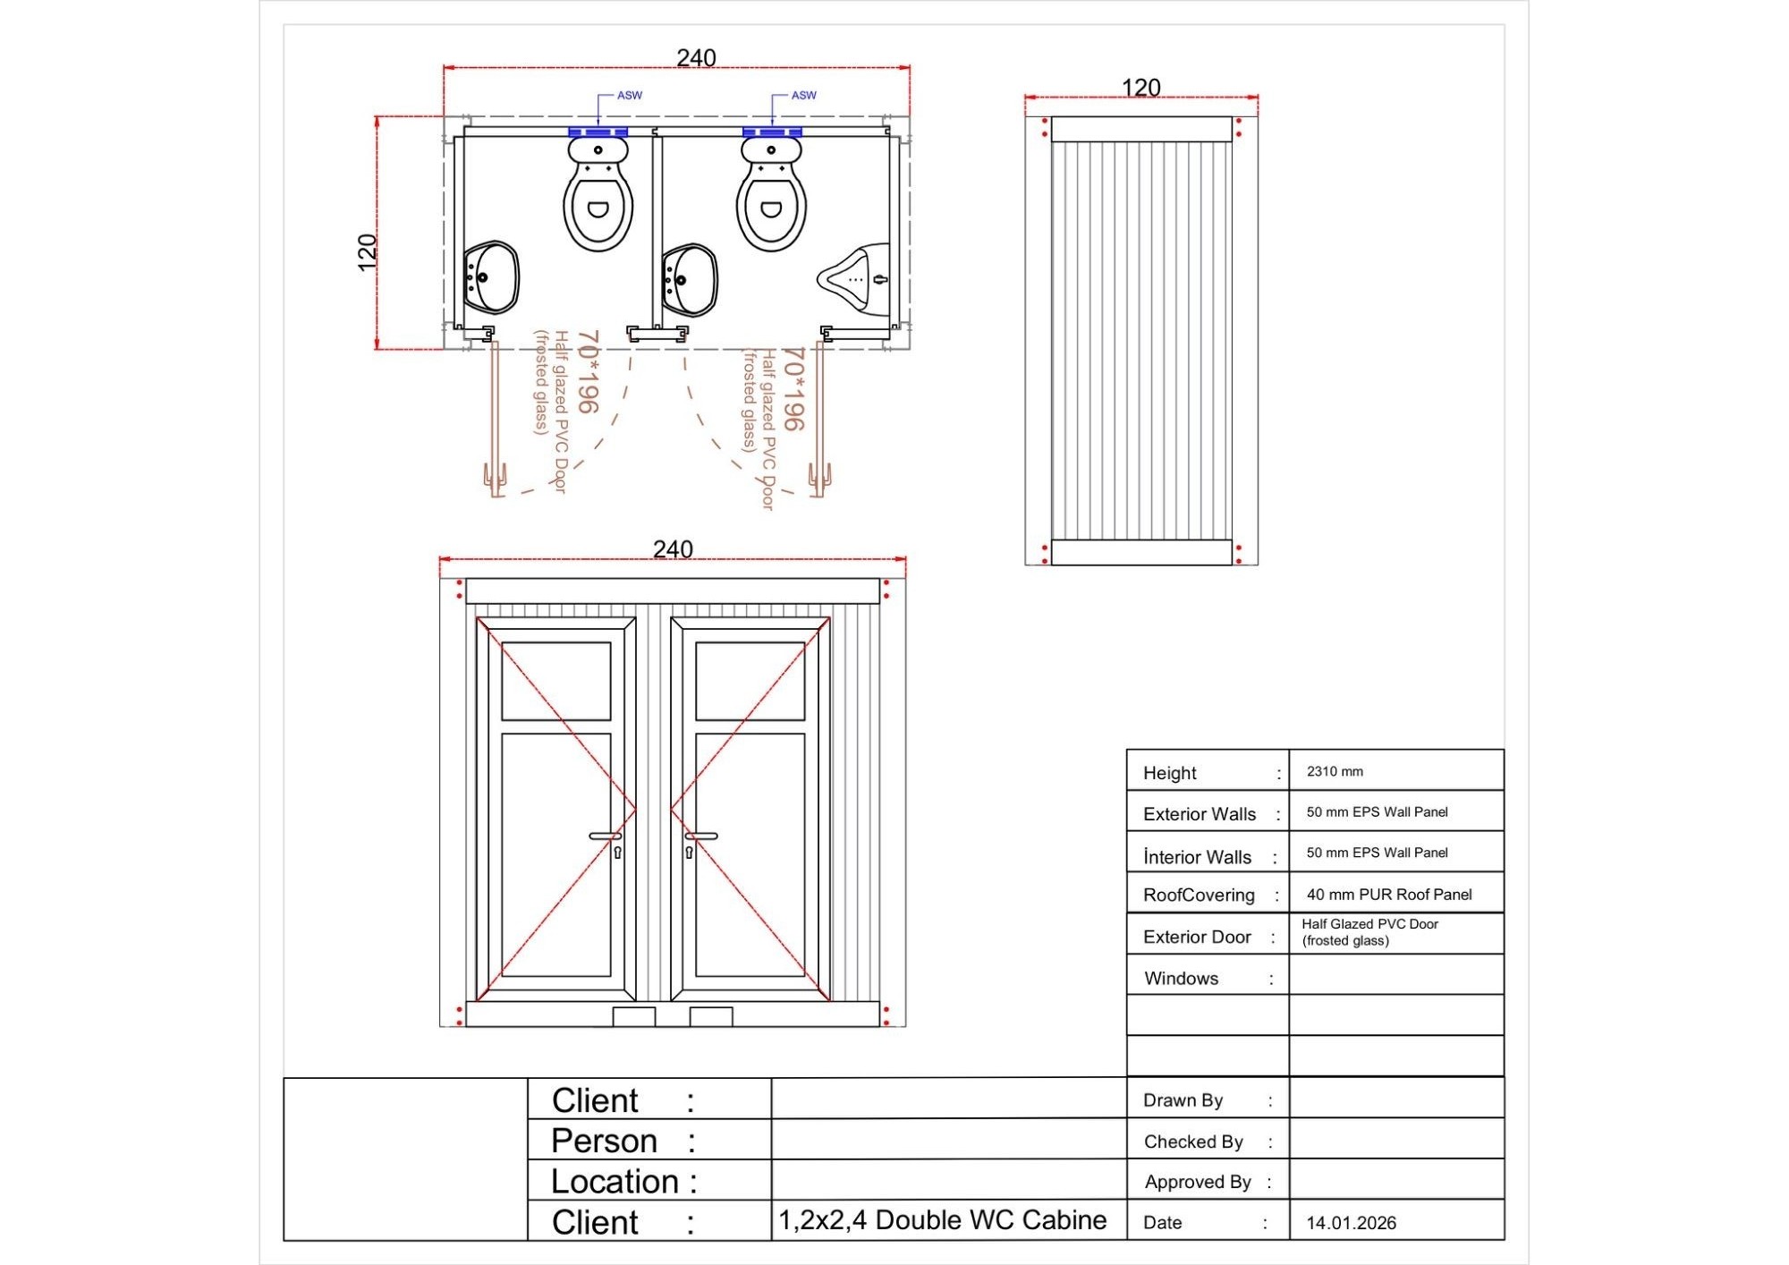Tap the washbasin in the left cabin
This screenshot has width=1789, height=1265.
pyautogui.click(x=491, y=276)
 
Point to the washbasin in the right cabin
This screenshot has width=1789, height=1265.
pyautogui.click(x=690, y=279)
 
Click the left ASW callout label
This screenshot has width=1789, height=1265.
pyautogui.click(x=629, y=96)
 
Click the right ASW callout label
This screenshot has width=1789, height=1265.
pyautogui.click(x=803, y=96)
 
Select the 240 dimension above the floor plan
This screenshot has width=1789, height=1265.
pyautogui.click(x=696, y=58)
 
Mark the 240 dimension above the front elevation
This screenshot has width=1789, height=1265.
pyautogui.click(x=673, y=549)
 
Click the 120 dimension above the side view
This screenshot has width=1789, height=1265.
pyautogui.click(x=1140, y=88)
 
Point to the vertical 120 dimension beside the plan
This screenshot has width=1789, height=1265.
pyautogui.click(x=367, y=252)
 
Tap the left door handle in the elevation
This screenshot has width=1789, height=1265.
pyautogui.click(x=606, y=836)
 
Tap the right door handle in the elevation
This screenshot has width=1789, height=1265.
pyautogui.click(x=701, y=836)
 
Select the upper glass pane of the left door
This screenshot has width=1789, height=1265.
pyautogui.click(x=555, y=681)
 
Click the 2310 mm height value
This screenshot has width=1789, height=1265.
pyautogui.click(x=1335, y=771)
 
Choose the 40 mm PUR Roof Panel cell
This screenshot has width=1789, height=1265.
pyautogui.click(x=1388, y=895)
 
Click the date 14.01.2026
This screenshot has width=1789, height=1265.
pyautogui.click(x=1351, y=1223)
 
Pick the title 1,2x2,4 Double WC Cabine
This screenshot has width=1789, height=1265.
pyautogui.click(x=943, y=1220)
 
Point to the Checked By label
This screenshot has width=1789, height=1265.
pyautogui.click(x=1193, y=1142)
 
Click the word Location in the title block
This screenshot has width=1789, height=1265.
pyautogui.click(x=615, y=1182)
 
